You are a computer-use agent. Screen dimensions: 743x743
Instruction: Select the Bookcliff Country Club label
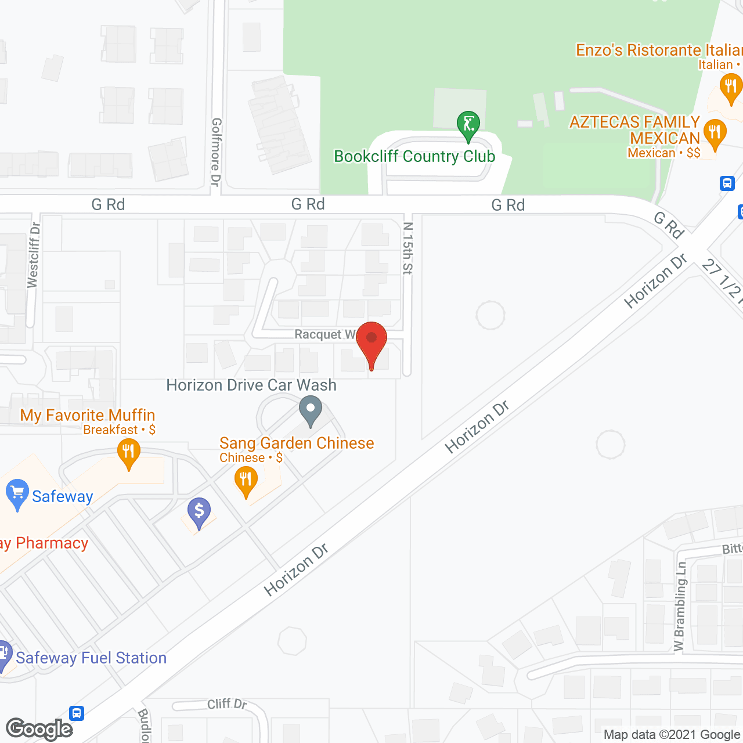pyautogui.click(x=414, y=157)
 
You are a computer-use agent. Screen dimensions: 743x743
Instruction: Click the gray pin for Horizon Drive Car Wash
pyautogui.click(x=311, y=410)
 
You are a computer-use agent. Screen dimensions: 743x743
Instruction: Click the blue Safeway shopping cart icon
pyautogui.click(x=17, y=493)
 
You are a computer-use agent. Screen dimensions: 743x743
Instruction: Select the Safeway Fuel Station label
pyautogui.click(x=91, y=658)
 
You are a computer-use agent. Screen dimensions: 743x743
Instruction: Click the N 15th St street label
pyautogui.click(x=407, y=248)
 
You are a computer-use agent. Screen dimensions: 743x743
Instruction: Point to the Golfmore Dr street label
pyautogui.click(x=216, y=152)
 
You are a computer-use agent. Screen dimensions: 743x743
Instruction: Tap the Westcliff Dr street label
pyautogui.click(x=34, y=255)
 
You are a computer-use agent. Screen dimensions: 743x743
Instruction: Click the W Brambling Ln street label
pyautogui.click(x=680, y=606)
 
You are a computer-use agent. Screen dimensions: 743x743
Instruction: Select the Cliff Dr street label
pyautogui.click(x=227, y=704)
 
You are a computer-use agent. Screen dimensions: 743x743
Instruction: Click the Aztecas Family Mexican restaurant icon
pyautogui.click(x=715, y=133)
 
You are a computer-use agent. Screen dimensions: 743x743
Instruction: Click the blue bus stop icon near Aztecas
pyautogui.click(x=727, y=183)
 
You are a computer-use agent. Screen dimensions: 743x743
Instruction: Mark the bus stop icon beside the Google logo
pyautogui.click(x=77, y=713)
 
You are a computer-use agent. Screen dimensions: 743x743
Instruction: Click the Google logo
pyautogui.click(x=39, y=729)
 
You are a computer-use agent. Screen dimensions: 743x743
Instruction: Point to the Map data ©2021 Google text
pyautogui.click(x=672, y=735)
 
